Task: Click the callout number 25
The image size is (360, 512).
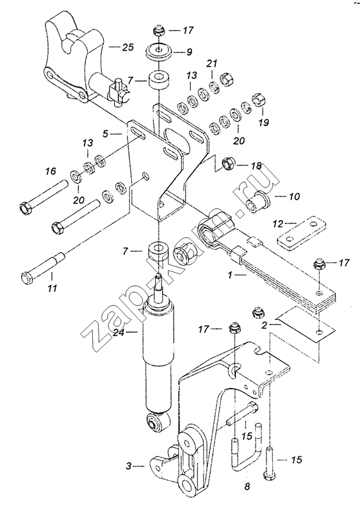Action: click(x=128, y=47)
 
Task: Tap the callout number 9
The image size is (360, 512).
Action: click(x=190, y=52)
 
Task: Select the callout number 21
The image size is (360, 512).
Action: click(x=211, y=63)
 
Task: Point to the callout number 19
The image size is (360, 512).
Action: click(x=264, y=122)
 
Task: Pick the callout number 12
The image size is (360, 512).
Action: click(x=278, y=225)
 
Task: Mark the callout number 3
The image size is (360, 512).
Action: click(x=129, y=466)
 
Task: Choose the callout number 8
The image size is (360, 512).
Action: click(x=247, y=486)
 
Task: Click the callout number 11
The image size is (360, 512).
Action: click(x=53, y=288)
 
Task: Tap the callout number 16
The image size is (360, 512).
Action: click(x=51, y=171)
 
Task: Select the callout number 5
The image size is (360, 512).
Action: click(x=105, y=133)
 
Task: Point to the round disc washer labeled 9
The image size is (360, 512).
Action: click(x=159, y=52)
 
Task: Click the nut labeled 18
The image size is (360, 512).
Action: click(x=227, y=164)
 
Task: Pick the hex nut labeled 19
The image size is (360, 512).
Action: click(x=257, y=100)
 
